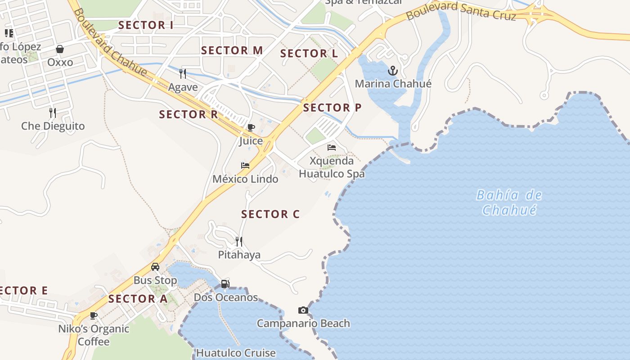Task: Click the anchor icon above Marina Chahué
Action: (x=393, y=71)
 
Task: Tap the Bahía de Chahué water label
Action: (x=509, y=202)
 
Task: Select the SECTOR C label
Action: (x=270, y=214)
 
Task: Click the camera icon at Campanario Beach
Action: (x=303, y=310)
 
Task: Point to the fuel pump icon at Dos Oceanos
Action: (x=225, y=284)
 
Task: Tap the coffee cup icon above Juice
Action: (x=251, y=128)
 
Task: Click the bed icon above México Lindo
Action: (x=245, y=166)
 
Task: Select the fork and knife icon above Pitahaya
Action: (x=239, y=242)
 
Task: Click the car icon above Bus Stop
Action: (x=155, y=267)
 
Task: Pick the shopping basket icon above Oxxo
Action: (x=60, y=49)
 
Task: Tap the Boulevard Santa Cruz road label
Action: (x=460, y=11)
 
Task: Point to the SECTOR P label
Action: (x=332, y=108)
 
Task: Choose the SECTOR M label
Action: (x=232, y=50)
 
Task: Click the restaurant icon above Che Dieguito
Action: (x=53, y=112)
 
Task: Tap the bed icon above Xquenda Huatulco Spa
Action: (x=332, y=148)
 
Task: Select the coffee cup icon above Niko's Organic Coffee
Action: (x=94, y=315)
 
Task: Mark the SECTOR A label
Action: (x=138, y=299)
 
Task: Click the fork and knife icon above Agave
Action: (x=183, y=74)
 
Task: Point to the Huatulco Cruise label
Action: (x=236, y=353)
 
